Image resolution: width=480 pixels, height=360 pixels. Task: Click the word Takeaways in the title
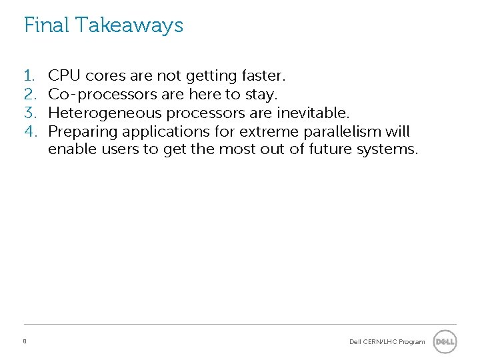pyautogui.click(x=129, y=25)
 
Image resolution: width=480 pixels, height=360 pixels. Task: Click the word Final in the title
pyautogui.click(x=47, y=25)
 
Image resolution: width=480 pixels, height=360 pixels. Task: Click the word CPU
pyautogui.click(x=65, y=75)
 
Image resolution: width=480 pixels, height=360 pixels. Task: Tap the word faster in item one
pyautogui.click(x=261, y=75)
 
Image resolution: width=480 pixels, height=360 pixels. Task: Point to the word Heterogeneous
pyautogui.click(x=105, y=112)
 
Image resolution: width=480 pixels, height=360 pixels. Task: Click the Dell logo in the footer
pyautogui.click(x=445, y=342)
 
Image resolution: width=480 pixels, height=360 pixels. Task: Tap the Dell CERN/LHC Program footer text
pyautogui.click(x=387, y=342)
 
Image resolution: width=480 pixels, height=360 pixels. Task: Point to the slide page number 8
pyautogui.click(x=25, y=341)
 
